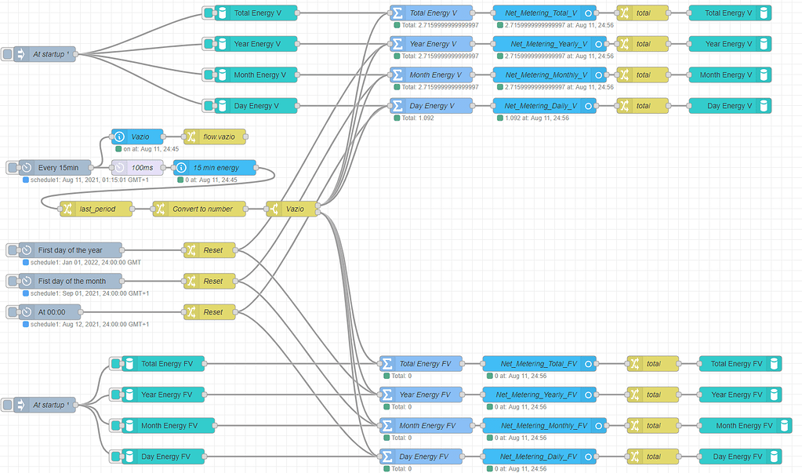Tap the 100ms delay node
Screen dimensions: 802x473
(138, 167)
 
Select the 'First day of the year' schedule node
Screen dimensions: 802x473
(70, 250)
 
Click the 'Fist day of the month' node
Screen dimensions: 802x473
(71, 281)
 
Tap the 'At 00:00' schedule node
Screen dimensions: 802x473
(51, 312)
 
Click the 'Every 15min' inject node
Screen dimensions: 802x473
(56, 167)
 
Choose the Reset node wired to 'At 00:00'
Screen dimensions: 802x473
(209, 312)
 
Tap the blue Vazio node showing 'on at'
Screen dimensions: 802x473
(137, 136)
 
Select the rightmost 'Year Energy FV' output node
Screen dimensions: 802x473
(735, 395)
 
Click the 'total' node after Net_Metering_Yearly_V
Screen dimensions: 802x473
(644, 44)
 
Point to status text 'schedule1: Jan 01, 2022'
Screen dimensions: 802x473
(86, 262)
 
